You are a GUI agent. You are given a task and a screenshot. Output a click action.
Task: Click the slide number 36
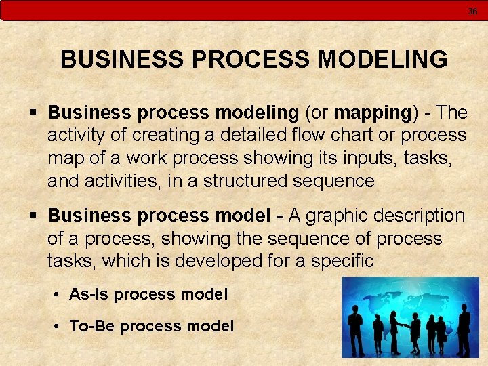coord(472,11)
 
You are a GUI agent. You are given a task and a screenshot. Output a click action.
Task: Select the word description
coord(421,216)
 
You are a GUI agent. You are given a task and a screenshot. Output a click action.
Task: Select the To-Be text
coord(91,326)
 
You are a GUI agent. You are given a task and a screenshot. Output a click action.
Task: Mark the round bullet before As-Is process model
coord(58,295)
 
